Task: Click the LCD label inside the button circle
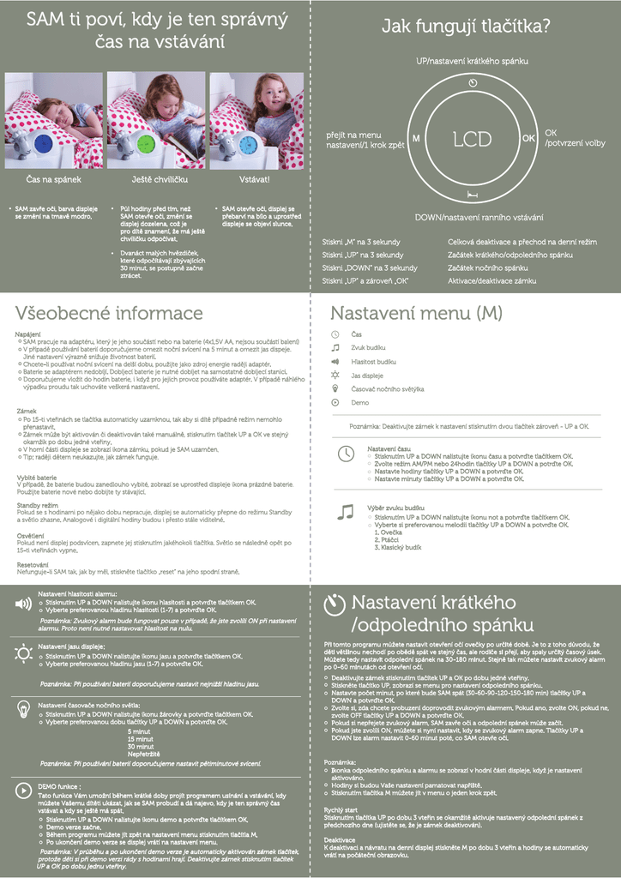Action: click(x=473, y=137)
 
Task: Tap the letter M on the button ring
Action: click(x=415, y=138)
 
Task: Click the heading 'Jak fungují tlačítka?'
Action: click(x=466, y=27)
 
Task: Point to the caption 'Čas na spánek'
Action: click(x=53, y=180)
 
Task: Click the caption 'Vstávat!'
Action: click(x=255, y=180)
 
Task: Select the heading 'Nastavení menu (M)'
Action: click(x=416, y=313)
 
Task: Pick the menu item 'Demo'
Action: click(x=360, y=402)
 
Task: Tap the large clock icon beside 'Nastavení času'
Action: click(x=345, y=454)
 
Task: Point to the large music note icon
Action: click(x=345, y=512)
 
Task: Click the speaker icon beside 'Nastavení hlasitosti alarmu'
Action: click(x=23, y=604)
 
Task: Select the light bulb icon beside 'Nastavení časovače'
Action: click(x=23, y=710)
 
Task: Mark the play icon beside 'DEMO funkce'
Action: click(x=23, y=791)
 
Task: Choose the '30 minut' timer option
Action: click(x=141, y=747)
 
